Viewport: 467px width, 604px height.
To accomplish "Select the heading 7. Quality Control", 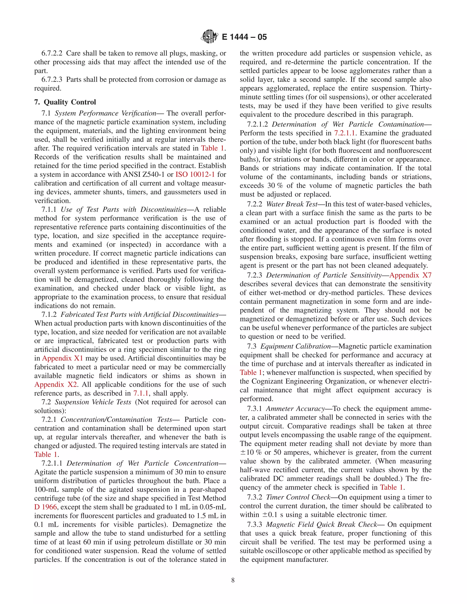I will pyautogui.click(x=65, y=102).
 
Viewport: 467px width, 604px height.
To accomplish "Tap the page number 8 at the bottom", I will pyautogui.click(x=233, y=580).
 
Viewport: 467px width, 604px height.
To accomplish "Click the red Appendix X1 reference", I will pyautogui.click(x=62, y=358).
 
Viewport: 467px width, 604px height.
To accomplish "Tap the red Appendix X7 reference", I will pyautogui.click(x=410, y=275).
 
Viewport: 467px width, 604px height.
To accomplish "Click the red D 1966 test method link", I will pyautogui.click(x=45, y=507).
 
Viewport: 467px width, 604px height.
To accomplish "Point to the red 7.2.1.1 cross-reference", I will pyautogui.click(x=344, y=133).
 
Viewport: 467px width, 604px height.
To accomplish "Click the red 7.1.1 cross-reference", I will pyautogui.click(x=141, y=393).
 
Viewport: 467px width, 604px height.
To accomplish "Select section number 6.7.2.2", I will pyautogui.click(x=52, y=53).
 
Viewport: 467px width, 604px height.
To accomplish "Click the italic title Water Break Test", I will pyautogui.click(x=292, y=204).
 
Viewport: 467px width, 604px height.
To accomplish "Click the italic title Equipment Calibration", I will pyautogui.click(x=296, y=346).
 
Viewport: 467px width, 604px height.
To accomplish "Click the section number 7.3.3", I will pyautogui.click(x=254, y=524).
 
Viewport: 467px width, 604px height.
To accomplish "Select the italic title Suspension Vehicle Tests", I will pyautogui.click(x=93, y=402).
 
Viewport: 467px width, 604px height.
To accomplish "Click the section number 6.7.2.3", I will pyautogui.click(x=52, y=79).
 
